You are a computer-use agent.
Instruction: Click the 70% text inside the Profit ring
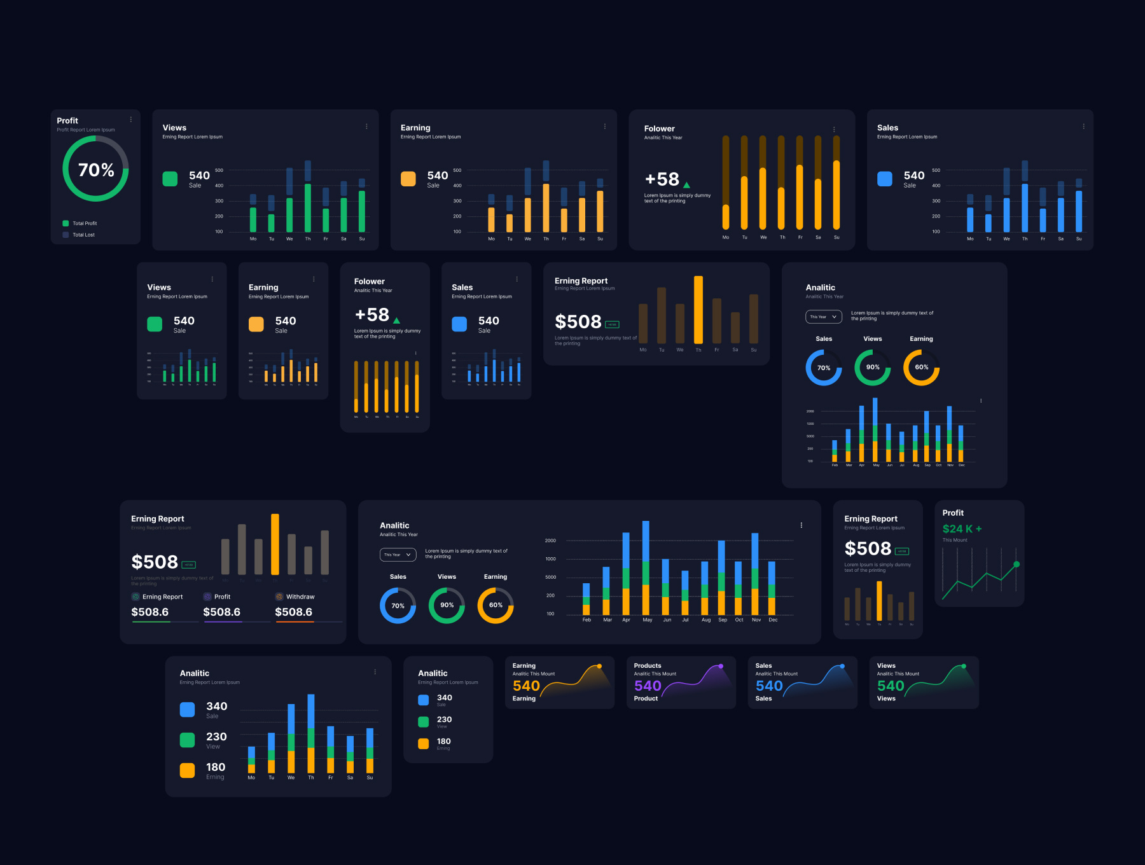coord(96,170)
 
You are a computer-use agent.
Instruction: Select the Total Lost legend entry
coord(83,235)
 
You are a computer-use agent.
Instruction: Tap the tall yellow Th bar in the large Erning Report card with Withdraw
coord(275,544)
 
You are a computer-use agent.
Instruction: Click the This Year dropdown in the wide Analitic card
coord(398,555)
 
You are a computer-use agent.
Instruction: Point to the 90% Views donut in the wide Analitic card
coord(447,605)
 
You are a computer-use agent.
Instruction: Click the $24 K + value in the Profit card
coord(962,529)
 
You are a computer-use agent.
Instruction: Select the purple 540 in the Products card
coord(648,686)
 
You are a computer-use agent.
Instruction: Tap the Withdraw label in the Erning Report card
coord(300,597)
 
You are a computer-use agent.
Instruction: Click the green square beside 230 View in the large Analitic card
coord(187,740)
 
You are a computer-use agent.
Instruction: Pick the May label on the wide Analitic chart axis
coord(647,619)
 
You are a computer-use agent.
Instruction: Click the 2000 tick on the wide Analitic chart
coord(550,541)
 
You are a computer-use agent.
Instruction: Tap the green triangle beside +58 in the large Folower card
coord(686,185)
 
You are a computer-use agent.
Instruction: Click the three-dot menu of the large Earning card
coord(604,127)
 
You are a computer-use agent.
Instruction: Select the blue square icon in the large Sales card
coord(885,179)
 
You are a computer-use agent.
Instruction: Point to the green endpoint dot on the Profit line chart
coord(1017,564)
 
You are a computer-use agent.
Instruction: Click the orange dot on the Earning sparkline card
coord(599,666)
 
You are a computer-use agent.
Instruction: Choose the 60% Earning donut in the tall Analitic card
coord(921,367)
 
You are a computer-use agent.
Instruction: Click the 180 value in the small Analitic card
coord(444,741)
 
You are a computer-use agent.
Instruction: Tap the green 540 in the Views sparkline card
coord(891,686)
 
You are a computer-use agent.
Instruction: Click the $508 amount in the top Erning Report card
coord(578,322)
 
